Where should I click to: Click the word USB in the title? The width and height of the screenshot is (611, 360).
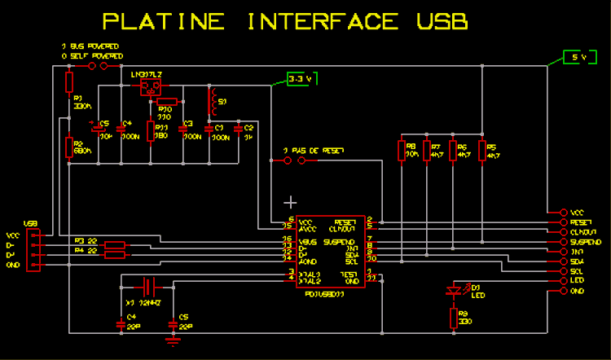pos(437,22)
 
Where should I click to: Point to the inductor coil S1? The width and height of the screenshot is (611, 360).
pos(213,102)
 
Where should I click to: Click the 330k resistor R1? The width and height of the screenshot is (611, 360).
pos(69,81)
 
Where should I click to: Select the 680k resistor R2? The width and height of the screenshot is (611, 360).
pos(69,146)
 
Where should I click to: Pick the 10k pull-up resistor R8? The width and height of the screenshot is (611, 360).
pos(401,150)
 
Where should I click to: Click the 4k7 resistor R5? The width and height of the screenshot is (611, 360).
pos(481,150)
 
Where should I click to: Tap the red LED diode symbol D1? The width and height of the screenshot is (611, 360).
pos(454,289)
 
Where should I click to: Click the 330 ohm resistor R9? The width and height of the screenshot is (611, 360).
pos(454,318)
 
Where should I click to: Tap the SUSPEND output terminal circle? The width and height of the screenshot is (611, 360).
pos(564,242)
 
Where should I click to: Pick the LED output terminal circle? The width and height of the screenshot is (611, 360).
pos(564,280)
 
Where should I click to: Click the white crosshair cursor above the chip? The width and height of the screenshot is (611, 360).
pos(290,201)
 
